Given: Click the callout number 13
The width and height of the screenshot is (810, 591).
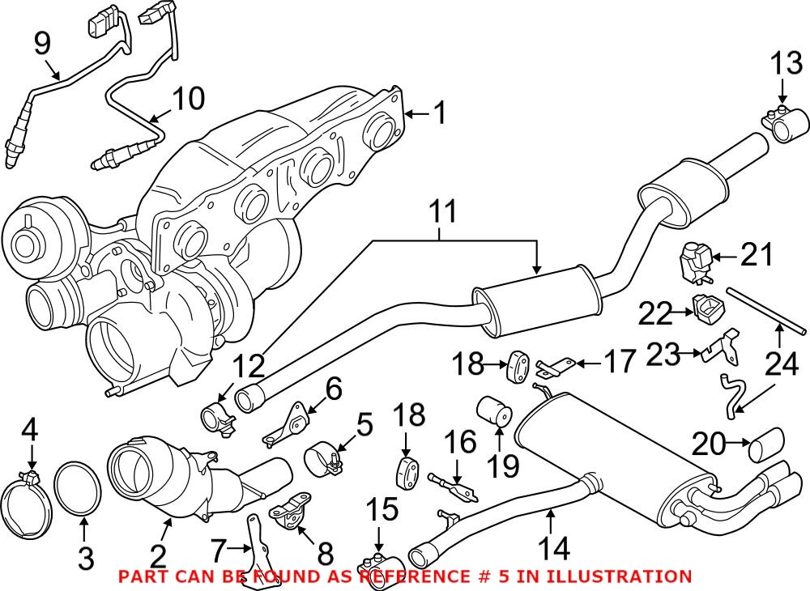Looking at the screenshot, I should [x=784, y=62].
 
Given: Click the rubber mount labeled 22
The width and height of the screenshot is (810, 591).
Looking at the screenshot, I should [x=706, y=310].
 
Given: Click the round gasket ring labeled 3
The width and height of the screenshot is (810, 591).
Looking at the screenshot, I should [x=79, y=491].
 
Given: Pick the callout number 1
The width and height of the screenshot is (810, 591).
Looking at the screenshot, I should [x=437, y=113].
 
